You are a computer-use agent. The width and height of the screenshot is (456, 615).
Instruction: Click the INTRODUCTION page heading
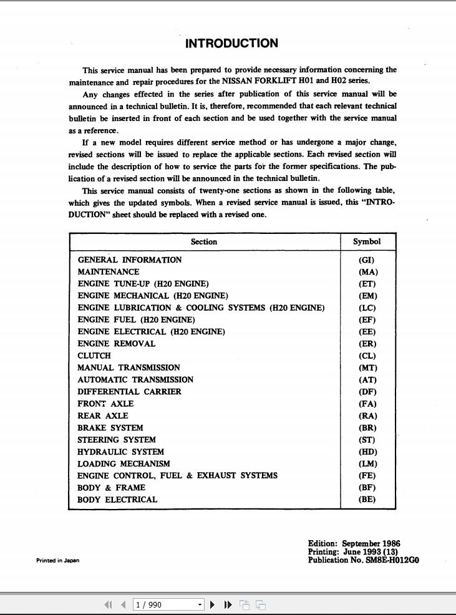coord(231,44)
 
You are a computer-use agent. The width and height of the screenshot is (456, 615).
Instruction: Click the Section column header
coord(204,242)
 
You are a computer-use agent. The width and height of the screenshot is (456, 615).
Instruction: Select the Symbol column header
coord(367,242)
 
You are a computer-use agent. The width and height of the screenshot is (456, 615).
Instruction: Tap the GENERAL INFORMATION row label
coord(130,260)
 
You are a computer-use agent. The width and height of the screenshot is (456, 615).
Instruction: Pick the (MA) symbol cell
coord(368,272)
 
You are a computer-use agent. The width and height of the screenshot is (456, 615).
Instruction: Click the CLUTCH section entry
coord(94,356)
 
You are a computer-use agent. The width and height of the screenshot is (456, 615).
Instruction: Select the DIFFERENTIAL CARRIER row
coord(129,392)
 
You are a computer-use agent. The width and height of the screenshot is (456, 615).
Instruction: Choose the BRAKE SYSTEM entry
coord(110,428)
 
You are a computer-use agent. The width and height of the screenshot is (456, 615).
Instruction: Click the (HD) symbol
coord(368,452)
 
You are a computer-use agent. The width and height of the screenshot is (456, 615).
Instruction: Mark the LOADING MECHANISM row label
coord(124,464)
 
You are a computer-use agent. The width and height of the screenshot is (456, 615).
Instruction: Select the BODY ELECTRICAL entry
coord(117,500)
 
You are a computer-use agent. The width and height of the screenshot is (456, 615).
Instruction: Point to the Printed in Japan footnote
coord(57,560)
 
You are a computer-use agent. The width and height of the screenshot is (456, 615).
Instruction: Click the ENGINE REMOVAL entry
coord(116,344)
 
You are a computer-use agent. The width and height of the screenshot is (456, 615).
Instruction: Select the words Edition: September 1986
coord(354,544)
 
